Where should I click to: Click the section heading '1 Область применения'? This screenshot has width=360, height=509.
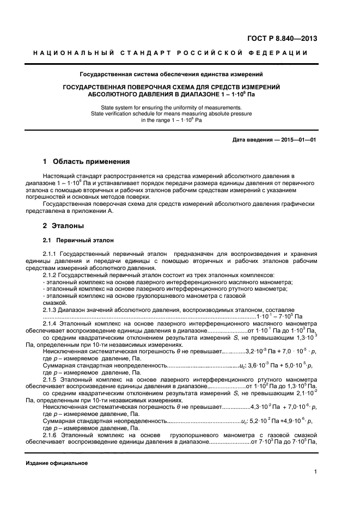[x=86, y=162]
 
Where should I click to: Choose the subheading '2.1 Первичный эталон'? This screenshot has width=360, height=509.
[x=78, y=240]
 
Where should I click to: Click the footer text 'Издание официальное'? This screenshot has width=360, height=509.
[x=57, y=463]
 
